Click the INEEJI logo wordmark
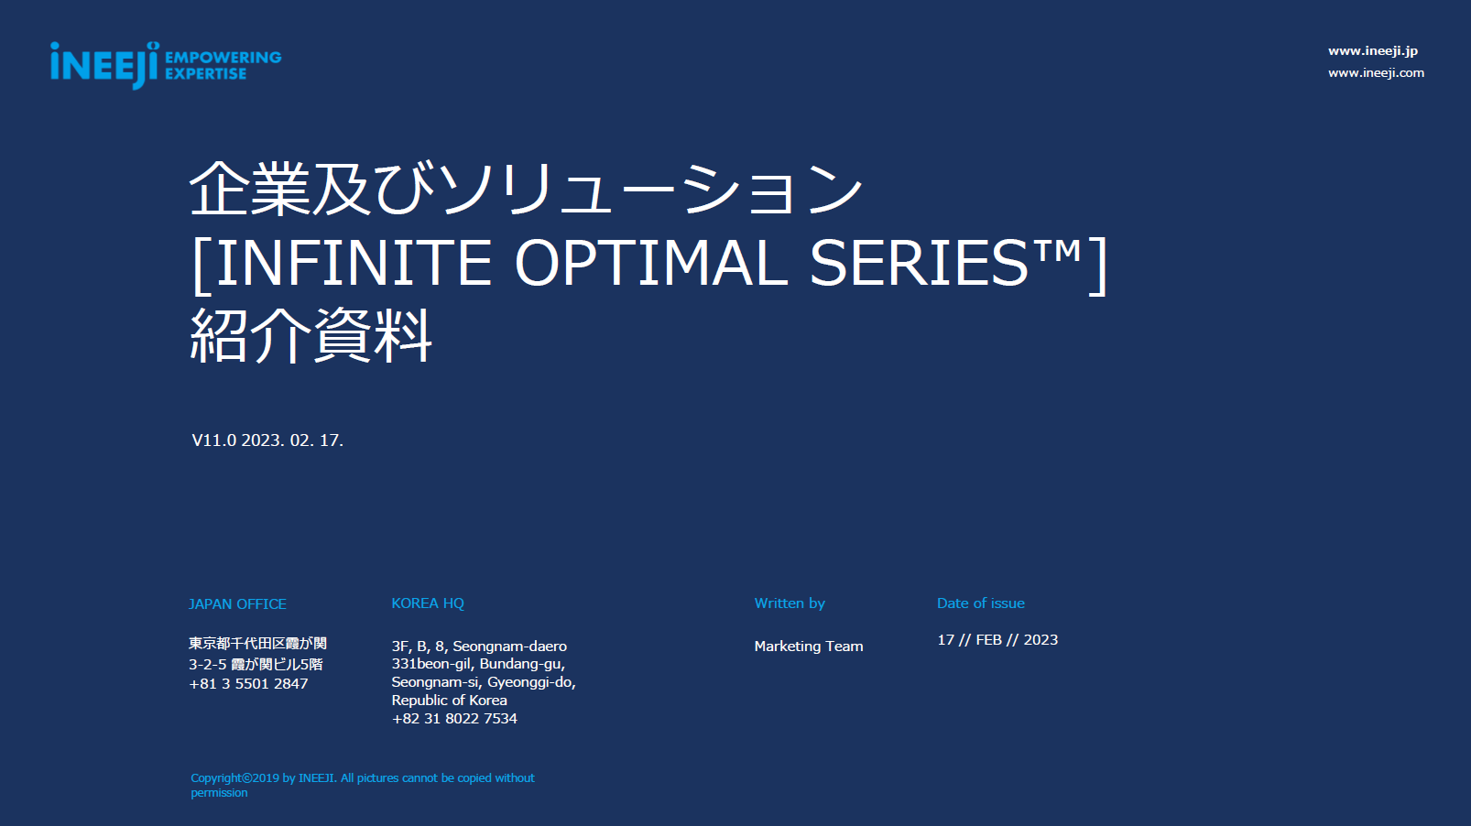tap(104, 65)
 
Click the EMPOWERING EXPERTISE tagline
tap(223, 65)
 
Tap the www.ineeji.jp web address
tap(1372, 51)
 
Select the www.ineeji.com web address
tap(1376, 73)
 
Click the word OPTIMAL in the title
tap(651, 263)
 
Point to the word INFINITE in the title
tap(354, 263)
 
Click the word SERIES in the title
tap(919, 263)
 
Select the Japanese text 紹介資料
tap(311, 335)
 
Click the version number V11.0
tap(214, 440)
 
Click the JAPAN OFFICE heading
tap(238, 604)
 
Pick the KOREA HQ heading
tap(428, 603)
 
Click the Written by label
tap(790, 603)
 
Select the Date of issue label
tap(980, 603)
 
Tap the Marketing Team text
tap(809, 647)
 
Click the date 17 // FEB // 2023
tap(997, 639)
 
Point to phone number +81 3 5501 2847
tap(248, 684)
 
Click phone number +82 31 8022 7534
tap(454, 719)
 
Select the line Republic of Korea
tap(449, 701)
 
